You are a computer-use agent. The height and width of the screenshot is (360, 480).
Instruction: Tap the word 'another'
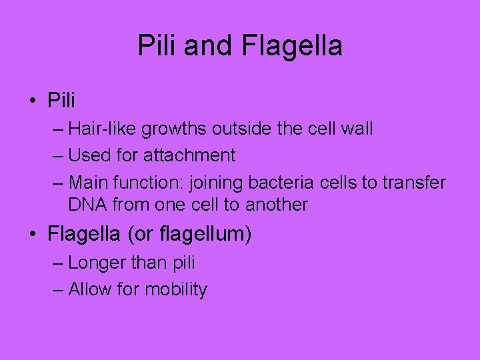click(277, 205)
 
